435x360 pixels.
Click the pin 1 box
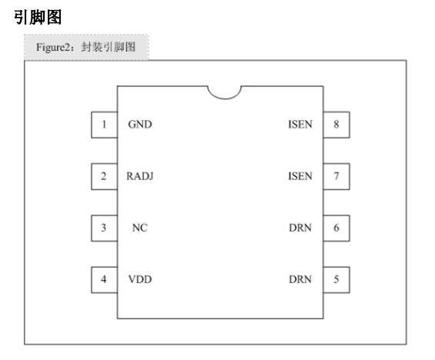(104, 125)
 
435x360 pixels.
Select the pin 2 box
(104, 176)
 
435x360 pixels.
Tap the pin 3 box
(104, 228)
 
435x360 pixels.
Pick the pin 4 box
(104, 280)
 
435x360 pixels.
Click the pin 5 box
(336, 280)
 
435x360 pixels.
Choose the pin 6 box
(336, 228)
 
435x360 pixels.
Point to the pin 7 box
(336, 176)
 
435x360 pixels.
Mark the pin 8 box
(336, 125)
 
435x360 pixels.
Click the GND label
(140, 125)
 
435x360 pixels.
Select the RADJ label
(140, 176)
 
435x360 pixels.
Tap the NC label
(140, 228)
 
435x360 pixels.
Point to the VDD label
(140, 279)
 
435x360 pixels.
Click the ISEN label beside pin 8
(300, 125)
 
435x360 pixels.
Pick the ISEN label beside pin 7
(300, 176)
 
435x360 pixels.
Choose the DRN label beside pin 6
(300, 228)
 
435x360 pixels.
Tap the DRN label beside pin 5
(300, 279)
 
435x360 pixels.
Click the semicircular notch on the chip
(225, 98)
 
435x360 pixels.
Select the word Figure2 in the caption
(54, 48)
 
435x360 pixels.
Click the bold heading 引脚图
(38, 17)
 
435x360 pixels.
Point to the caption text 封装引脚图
(109, 47)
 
